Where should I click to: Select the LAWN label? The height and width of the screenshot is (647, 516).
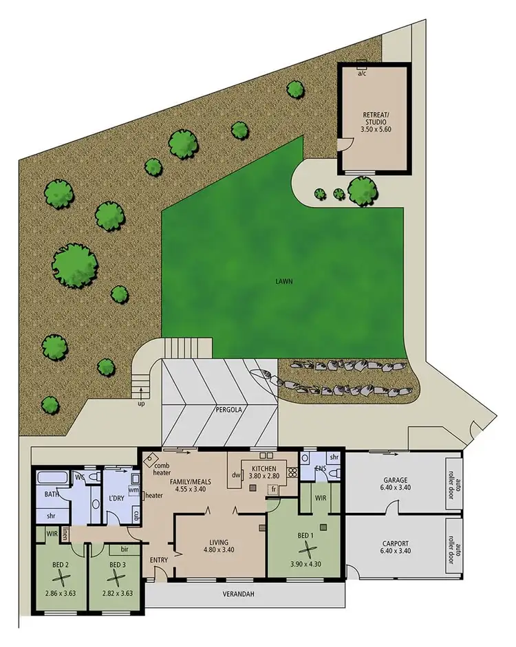point(283,281)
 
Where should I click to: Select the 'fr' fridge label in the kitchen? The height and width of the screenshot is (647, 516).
point(273,489)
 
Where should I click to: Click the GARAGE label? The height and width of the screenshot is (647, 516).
point(396,481)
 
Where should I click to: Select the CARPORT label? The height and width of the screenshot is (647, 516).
point(396,542)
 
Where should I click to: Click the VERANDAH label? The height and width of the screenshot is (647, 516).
point(244,595)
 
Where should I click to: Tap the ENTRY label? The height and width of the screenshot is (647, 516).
point(159,559)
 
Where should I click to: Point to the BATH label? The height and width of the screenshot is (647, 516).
point(52,494)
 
